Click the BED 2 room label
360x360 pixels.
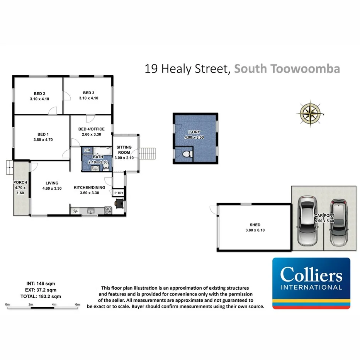click(x=39, y=93)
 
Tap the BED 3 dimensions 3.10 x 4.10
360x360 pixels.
click(x=88, y=98)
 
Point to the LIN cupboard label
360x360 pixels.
click(x=87, y=150)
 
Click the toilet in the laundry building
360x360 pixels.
click(x=187, y=154)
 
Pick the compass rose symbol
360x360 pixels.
click(x=310, y=113)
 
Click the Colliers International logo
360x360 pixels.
click(x=311, y=283)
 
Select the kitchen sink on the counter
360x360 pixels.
click(x=90, y=211)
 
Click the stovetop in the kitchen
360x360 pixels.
click(x=108, y=211)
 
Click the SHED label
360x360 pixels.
click(x=255, y=225)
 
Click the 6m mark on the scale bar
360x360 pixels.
click(x=77, y=305)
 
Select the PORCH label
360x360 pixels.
click(x=20, y=183)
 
